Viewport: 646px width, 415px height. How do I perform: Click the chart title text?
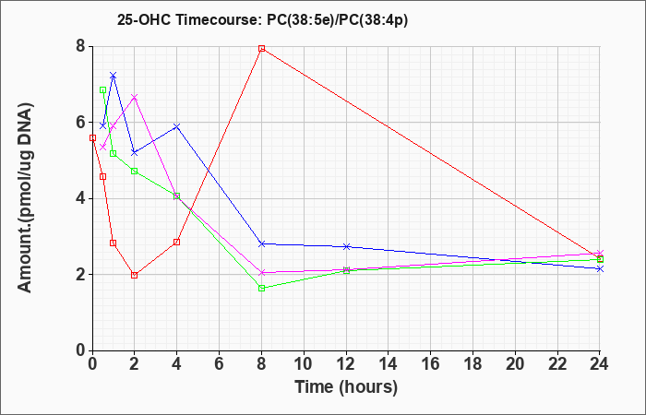[262, 19]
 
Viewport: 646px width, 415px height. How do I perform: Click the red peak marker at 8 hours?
[261, 48]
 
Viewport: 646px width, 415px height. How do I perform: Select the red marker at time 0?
[92, 138]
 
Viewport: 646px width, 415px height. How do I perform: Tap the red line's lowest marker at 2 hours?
[135, 275]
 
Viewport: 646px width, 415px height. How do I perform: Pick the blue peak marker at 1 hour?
[114, 75]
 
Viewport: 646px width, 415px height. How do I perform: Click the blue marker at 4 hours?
[177, 126]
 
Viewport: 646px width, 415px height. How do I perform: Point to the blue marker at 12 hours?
[346, 246]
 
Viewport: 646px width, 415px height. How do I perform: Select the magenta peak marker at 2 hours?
[135, 97]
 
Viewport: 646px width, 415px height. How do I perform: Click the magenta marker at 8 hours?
[261, 273]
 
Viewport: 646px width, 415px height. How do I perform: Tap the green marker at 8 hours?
[261, 288]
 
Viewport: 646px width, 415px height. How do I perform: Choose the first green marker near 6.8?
[102, 89]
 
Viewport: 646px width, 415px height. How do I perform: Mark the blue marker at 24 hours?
[600, 269]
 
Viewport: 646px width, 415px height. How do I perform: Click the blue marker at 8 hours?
[261, 243]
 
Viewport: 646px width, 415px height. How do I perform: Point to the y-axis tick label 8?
[81, 46]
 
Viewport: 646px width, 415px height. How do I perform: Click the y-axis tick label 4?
[81, 198]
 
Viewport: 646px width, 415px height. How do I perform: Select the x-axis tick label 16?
[431, 364]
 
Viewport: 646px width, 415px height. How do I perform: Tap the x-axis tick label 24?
[600, 364]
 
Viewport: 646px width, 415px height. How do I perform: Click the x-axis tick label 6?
[219, 364]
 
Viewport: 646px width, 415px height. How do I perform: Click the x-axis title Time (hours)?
[346, 387]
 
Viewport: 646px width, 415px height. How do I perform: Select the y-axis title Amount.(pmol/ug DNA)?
[26, 197]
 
